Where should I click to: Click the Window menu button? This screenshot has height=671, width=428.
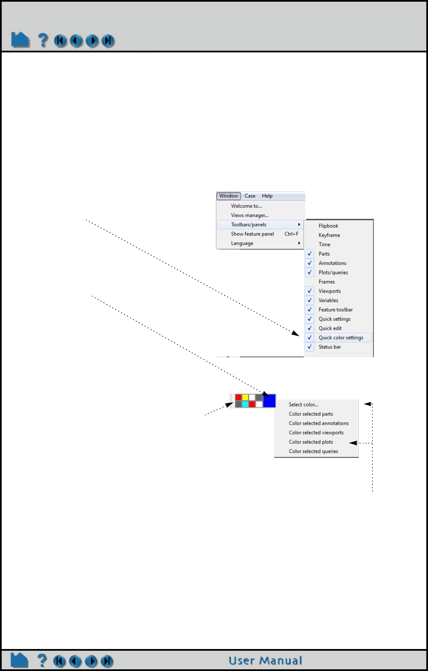(x=228, y=196)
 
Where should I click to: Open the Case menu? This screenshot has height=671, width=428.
(x=250, y=196)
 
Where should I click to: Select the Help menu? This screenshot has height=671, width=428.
(x=267, y=196)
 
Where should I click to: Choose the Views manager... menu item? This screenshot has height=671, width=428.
(x=250, y=215)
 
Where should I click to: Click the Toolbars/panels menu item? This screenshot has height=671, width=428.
(x=249, y=225)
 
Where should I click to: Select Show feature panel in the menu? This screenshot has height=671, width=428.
(x=252, y=234)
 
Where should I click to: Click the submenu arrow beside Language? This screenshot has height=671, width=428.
(x=299, y=243)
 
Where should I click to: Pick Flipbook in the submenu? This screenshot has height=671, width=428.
(x=328, y=226)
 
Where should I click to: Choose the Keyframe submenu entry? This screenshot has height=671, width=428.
(x=329, y=235)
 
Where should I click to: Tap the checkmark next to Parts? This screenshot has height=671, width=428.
(x=310, y=254)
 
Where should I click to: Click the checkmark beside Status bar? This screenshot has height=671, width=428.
(x=310, y=347)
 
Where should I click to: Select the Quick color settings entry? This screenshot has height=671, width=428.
(x=341, y=337)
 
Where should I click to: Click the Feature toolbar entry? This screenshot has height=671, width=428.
(x=336, y=310)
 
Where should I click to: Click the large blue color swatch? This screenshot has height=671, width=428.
(x=269, y=401)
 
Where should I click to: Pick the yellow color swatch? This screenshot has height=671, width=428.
(x=245, y=397)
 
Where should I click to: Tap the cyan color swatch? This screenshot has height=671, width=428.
(x=245, y=404)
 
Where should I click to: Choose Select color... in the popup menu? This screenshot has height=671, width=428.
(x=303, y=405)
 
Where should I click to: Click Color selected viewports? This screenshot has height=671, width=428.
(x=316, y=433)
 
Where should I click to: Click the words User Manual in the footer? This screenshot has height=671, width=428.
(x=265, y=661)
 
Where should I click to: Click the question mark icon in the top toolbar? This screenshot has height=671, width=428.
(x=43, y=40)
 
